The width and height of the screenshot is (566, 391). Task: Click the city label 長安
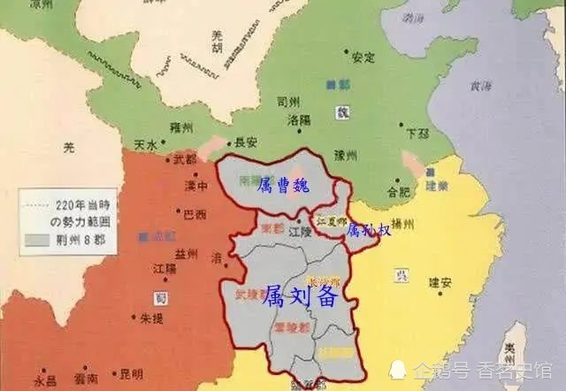(247, 141)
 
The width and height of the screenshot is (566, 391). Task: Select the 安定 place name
(363, 58)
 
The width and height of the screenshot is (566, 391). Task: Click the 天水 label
(146, 143)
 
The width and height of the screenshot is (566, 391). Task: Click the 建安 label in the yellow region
(440, 283)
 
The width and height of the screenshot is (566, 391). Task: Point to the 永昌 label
(45, 383)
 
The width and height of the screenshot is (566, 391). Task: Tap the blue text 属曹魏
(285, 188)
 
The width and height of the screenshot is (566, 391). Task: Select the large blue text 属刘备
(301, 298)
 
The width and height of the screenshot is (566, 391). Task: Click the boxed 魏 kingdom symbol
(344, 114)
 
